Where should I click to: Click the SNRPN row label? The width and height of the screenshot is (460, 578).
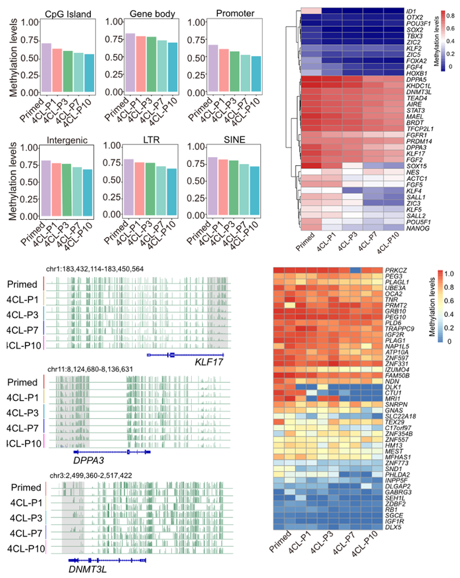point(396,405)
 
